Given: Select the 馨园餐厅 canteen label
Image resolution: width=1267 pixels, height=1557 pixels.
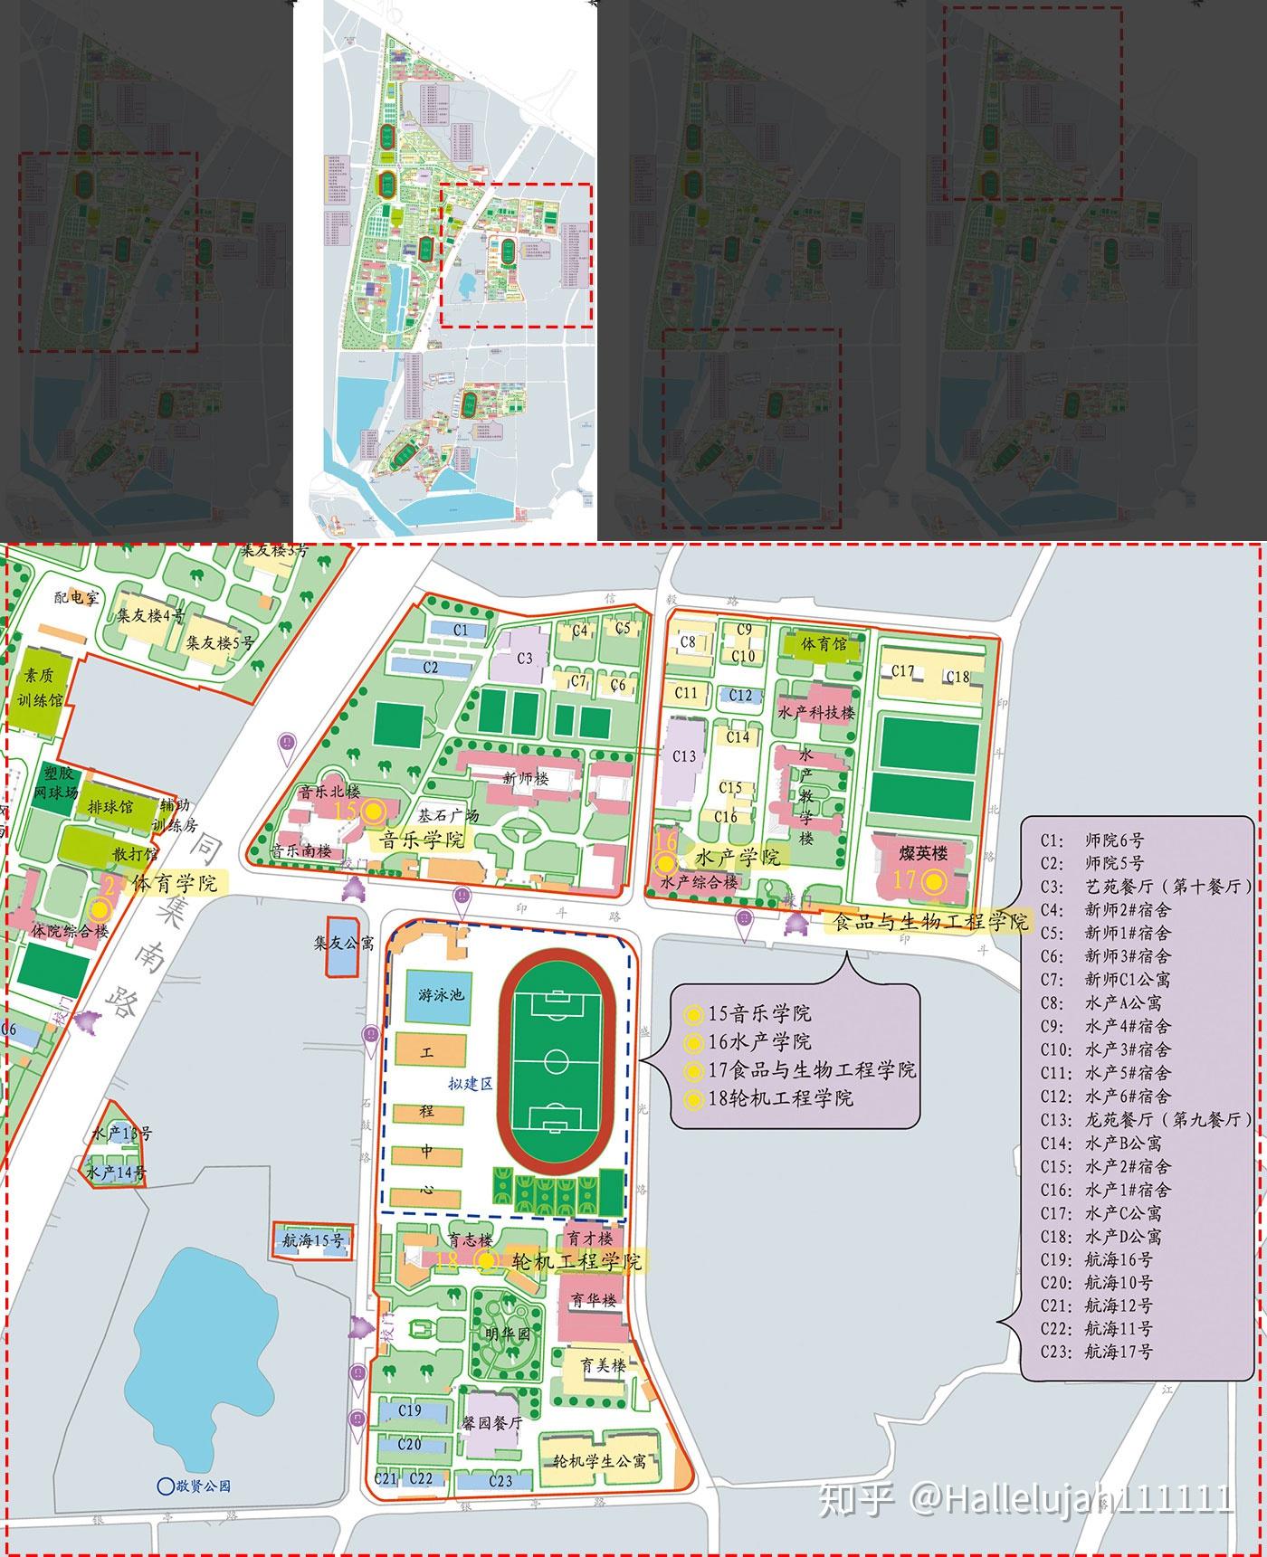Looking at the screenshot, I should tap(493, 1422).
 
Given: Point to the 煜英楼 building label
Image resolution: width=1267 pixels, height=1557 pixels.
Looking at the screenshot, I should tap(923, 852).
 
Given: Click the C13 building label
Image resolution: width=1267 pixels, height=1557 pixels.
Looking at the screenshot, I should tap(684, 755).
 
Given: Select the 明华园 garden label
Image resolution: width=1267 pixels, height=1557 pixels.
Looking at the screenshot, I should tap(507, 1334).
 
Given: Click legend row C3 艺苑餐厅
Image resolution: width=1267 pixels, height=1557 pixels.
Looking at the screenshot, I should tap(1145, 886).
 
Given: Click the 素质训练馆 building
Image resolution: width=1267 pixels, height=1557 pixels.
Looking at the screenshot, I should tap(37, 688).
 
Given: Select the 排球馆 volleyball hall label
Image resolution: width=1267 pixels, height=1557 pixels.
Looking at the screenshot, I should tap(110, 805).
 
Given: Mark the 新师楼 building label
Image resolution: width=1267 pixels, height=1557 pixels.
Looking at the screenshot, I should tap(526, 778).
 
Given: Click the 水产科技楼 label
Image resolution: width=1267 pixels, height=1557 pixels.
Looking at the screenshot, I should tap(815, 712).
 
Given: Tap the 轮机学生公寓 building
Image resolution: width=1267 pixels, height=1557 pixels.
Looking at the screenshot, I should tap(600, 1460).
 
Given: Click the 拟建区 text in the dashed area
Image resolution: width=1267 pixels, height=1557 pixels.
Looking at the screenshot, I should tap(470, 1084).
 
